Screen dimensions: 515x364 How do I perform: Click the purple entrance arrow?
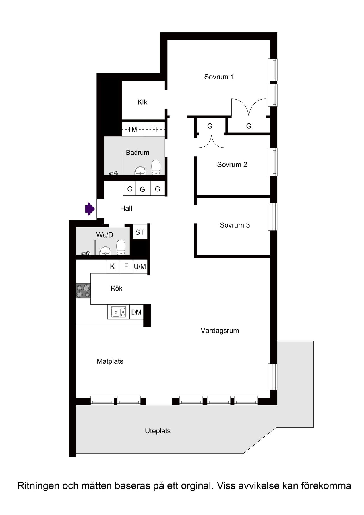tap(90, 209)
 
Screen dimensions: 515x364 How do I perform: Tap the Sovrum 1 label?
tap(219, 77)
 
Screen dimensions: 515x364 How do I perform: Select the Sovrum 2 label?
tap(232, 165)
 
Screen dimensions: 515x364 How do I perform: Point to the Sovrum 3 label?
tap(235, 225)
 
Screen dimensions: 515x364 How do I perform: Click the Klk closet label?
tap(142, 102)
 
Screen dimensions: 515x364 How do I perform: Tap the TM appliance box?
tap(133, 129)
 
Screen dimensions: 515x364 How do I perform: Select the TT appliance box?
tap(154, 129)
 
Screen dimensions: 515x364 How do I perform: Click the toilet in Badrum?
tap(156, 167)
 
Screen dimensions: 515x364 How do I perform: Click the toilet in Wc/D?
tap(121, 247)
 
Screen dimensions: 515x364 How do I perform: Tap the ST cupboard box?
tap(140, 232)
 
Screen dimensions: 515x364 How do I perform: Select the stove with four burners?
tap(83, 291)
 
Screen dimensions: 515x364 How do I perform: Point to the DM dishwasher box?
tap(136, 312)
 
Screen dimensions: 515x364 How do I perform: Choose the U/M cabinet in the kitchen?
tap(140, 267)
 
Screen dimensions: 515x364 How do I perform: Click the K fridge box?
tap(112, 266)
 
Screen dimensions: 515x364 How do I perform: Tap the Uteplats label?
tap(158, 431)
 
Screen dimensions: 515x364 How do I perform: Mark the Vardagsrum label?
tap(220, 331)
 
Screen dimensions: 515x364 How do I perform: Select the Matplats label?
tap(110, 361)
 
